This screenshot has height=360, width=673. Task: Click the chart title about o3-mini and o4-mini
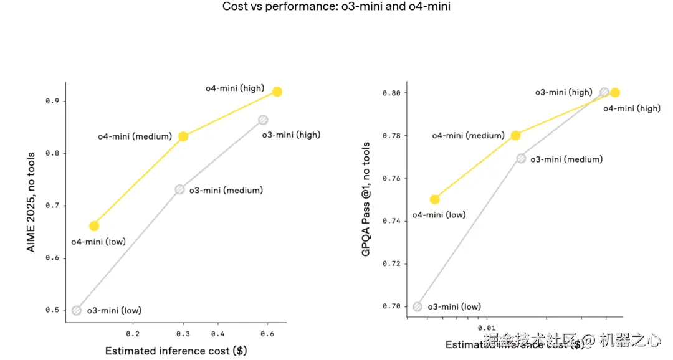[x=336, y=7]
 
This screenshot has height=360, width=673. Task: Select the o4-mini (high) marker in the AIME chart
[x=277, y=92]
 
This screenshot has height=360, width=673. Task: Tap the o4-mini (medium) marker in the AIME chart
[x=183, y=136]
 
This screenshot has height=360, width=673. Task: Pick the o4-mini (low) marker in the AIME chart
[x=94, y=225]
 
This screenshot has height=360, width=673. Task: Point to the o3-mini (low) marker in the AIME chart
[x=77, y=310]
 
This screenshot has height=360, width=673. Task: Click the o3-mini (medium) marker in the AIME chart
[x=179, y=189]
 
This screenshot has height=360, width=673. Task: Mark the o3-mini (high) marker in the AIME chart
[x=263, y=120]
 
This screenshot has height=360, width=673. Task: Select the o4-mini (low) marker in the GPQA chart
[x=434, y=199]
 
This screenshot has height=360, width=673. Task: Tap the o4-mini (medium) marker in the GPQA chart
[x=515, y=135]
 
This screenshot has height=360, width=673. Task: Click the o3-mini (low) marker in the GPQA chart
[x=418, y=306]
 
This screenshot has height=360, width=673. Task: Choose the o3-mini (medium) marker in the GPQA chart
[x=521, y=158]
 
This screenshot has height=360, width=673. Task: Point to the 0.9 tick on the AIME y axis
[x=52, y=101]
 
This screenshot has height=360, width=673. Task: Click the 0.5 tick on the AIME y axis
[x=52, y=310]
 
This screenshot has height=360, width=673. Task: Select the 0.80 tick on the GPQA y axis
[x=391, y=93]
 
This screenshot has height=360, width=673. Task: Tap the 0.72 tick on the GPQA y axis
[x=391, y=263]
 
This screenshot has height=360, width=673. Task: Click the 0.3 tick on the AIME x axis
[x=183, y=333]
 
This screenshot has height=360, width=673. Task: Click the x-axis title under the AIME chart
[x=176, y=351]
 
